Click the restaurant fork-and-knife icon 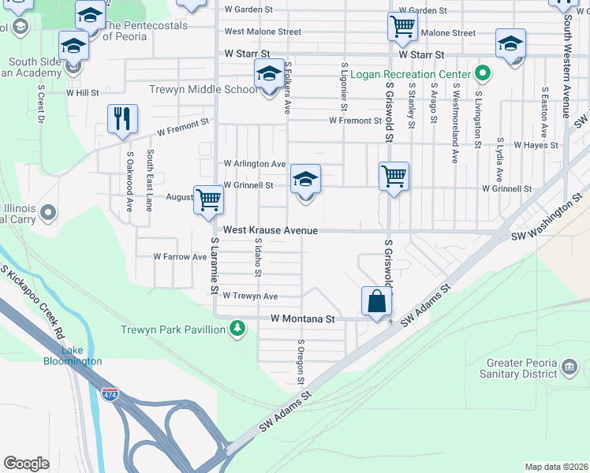pos(122,119)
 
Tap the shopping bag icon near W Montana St pos(377,301)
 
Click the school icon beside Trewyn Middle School pos(269,75)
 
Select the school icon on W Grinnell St pos(305,178)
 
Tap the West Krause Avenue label pos(270,230)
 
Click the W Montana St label pos(303,319)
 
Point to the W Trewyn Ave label pos(250,296)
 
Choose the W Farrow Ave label pos(180,256)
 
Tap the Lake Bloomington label pos(72,356)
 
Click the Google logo pos(27,464)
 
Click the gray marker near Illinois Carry pos(48,211)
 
